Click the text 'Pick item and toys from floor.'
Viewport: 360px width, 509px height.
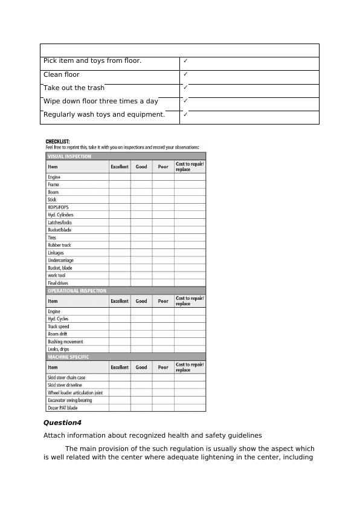pyautogui.click(x=92, y=61)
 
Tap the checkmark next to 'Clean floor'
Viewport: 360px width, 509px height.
pyautogui.click(x=186, y=74)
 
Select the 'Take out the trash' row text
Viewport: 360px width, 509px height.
pyautogui.click(x=74, y=88)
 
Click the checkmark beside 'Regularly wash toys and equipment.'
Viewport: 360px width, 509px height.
pyautogui.click(x=186, y=114)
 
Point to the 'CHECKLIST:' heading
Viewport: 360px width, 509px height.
pyautogui.click(x=58, y=141)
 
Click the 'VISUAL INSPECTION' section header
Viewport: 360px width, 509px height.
pyautogui.click(x=69, y=156)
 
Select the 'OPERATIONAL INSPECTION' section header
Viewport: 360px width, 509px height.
pyautogui.click(x=77, y=291)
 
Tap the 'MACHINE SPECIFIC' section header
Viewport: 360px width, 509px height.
pyautogui.click(x=68, y=357)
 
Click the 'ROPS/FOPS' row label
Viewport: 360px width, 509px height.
pyautogui.click(x=58, y=207)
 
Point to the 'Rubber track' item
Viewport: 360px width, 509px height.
pyautogui.click(x=59, y=245)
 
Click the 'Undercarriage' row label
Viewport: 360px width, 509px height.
pyautogui.click(x=60, y=260)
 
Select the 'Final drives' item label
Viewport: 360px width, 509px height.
pyautogui.click(x=58, y=283)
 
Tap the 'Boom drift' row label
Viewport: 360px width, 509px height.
pyautogui.click(x=57, y=334)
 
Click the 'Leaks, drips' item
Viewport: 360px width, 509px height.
pyautogui.click(x=58, y=349)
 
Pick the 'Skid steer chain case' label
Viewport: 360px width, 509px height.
pyautogui.click(x=66, y=377)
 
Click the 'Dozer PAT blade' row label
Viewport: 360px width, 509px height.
pyautogui.click(x=62, y=407)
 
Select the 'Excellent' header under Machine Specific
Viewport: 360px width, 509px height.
pyautogui.click(x=120, y=367)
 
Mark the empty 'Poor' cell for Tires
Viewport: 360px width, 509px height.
pyautogui.click(x=163, y=238)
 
